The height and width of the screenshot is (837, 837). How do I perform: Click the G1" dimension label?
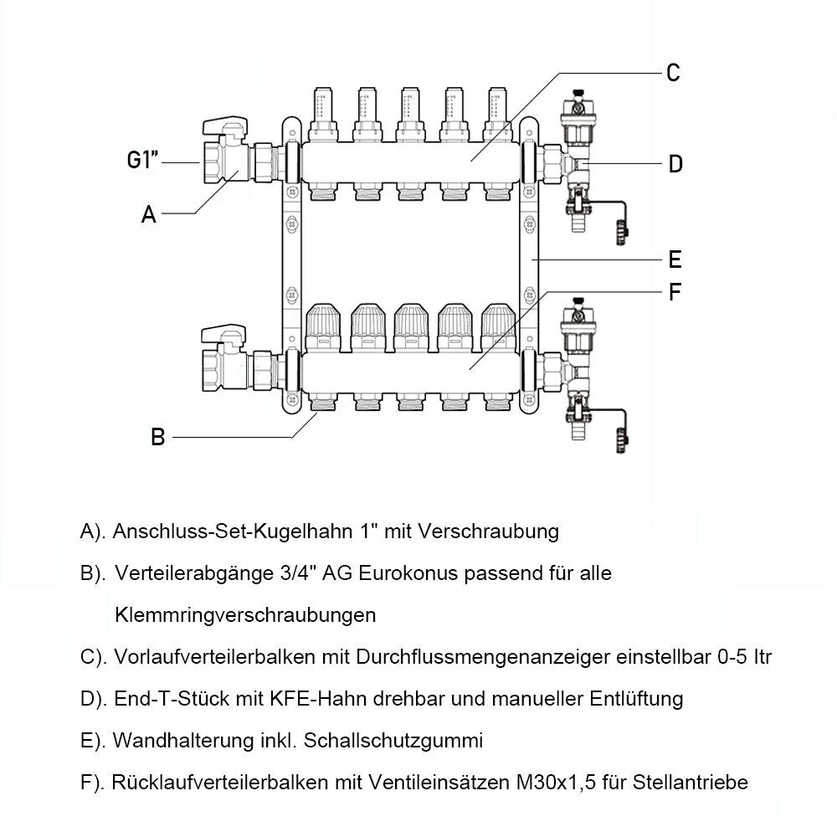tap(143, 161)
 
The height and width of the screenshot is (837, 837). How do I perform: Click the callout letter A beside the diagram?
tap(149, 215)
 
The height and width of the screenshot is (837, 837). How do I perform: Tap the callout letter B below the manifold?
tap(157, 437)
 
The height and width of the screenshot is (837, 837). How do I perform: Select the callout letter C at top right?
tap(673, 73)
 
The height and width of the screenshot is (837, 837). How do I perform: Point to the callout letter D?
tap(675, 164)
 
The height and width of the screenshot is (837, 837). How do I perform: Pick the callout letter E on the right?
tap(675, 259)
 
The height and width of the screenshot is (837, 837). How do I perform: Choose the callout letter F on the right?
tap(675, 293)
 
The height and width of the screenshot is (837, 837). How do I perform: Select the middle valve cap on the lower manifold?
tap(410, 327)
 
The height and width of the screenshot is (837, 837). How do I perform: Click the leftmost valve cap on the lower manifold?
tap(323, 327)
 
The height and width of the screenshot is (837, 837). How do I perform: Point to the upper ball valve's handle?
tap(223, 127)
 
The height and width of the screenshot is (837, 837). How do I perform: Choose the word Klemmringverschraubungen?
tap(244, 615)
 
